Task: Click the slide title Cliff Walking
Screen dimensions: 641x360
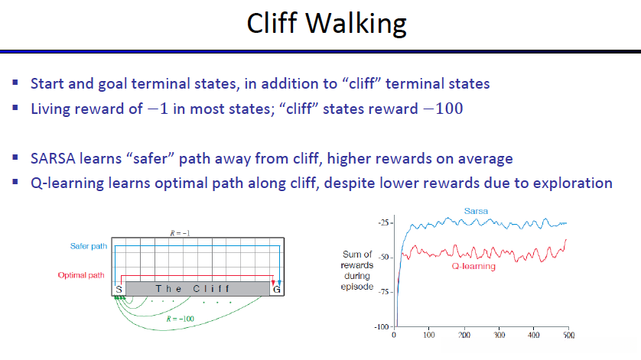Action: pyautogui.click(x=327, y=23)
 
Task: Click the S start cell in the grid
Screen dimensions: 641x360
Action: pyautogui.click(x=119, y=289)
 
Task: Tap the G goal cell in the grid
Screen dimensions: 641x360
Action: pyautogui.click(x=277, y=289)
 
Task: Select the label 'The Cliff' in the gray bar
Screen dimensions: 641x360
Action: pyautogui.click(x=193, y=289)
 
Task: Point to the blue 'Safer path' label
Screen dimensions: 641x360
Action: pyautogui.click(x=89, y=246)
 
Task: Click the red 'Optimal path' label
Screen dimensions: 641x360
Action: pyautogui.click(x=81, y=275)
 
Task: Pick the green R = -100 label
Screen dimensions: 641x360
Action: pyautogui.click(x=181, y=319)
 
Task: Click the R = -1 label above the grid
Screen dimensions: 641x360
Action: pyautogui.click(x=180, y=233)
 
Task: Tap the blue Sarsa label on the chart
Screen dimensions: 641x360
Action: pyautogui.click(x=476, y=211)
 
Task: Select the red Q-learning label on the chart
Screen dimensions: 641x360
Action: pyautogui.click(x=473, y=267)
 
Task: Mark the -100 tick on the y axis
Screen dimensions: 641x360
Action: pyautogui.click(x=382, y=327)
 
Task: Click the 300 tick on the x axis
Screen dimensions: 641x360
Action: pyautogui.click(x=499, y=335)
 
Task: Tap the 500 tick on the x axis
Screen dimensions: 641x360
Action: pyautogui.click(x=568, y=335)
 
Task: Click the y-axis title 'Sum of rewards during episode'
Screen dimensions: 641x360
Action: pyautogui.click(x=357, y=271)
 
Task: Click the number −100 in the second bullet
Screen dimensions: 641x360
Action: pyautogui.click(x=444, y=109)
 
